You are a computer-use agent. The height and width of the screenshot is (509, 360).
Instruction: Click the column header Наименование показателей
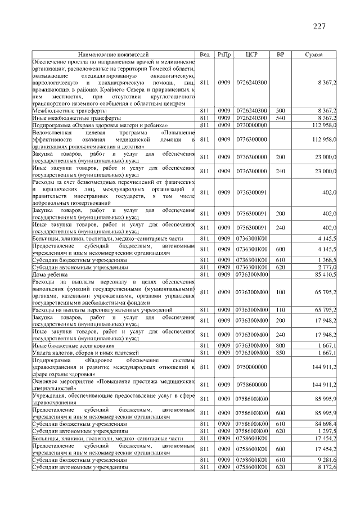(x=113, y=54)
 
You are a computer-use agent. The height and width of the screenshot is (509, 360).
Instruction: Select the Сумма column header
(x=313, y=54)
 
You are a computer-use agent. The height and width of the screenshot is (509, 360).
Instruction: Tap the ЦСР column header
(x=252, y=54)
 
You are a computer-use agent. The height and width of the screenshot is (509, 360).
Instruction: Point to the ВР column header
(x=281, y=54)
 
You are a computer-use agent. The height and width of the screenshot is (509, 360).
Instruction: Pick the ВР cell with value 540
(x=281, y=119)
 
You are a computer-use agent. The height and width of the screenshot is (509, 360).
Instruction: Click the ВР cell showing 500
(x=281, y=111)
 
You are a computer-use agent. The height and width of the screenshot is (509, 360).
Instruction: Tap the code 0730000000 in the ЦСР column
(x=252, y=125)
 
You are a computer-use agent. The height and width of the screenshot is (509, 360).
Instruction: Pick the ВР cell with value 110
(x=281, y=310)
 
